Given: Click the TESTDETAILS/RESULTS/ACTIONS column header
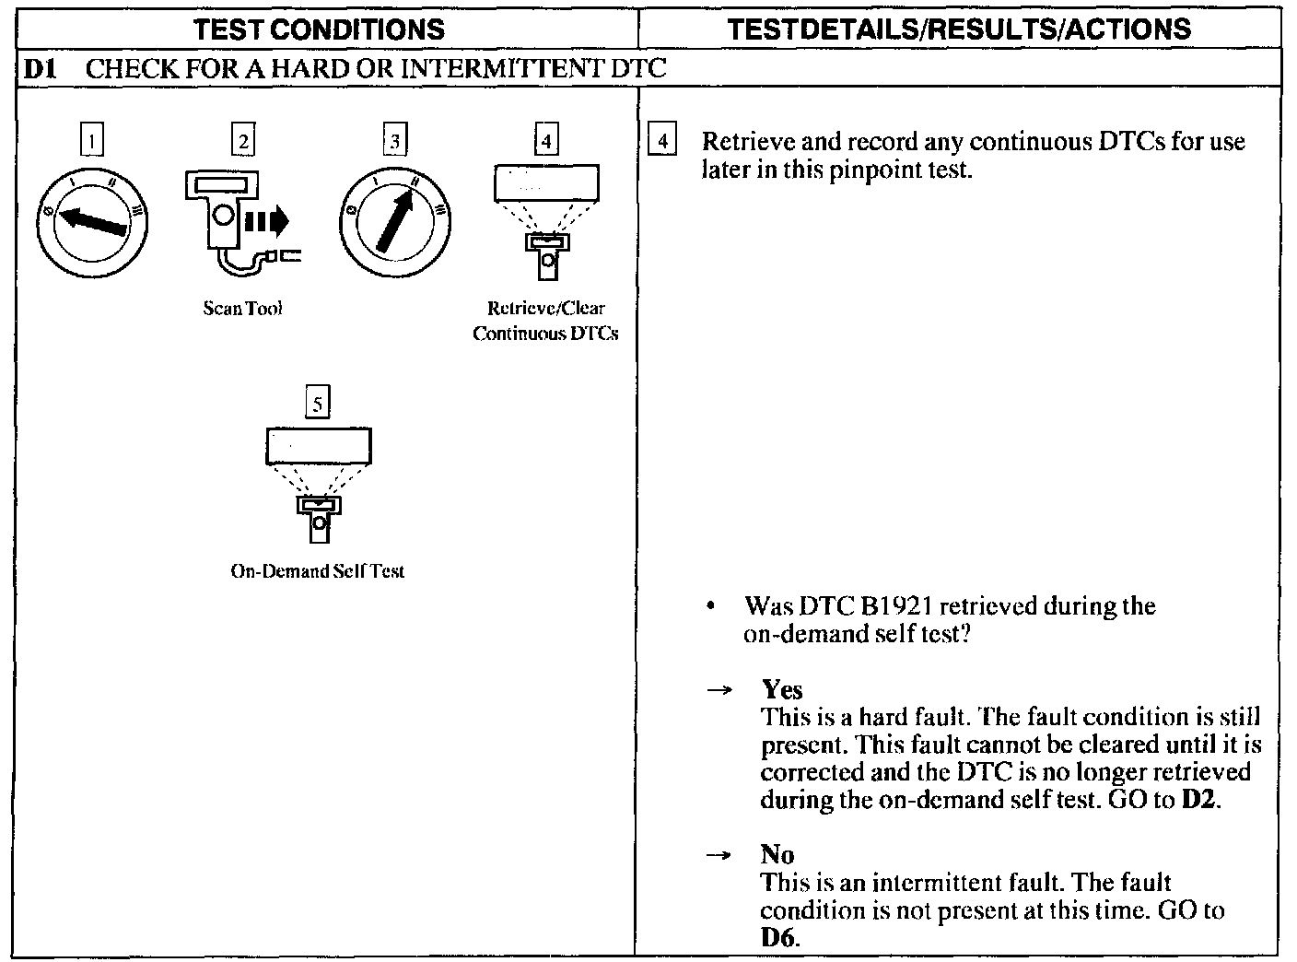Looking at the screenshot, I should click(x=958, y=29).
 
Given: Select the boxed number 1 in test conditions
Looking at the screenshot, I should click(x=92, y=141).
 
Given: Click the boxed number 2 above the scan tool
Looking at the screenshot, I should click(x=243, y=141).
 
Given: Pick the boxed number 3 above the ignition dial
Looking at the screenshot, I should click(x=395, y=141).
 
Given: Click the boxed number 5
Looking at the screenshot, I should click(x=318, y=404).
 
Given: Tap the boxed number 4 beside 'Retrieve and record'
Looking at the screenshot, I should click(x=662, y=142).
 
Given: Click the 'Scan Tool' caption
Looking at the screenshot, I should click(x=243, y=309).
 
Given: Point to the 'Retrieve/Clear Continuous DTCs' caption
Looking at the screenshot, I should click(x=545, y=321).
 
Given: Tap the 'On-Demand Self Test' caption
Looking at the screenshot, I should click(x=317, y=571).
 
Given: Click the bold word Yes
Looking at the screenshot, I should click(x=782, y=690).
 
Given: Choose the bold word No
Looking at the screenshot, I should click(x=777, y=855).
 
